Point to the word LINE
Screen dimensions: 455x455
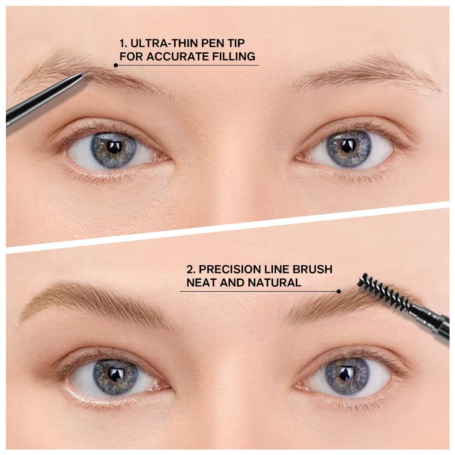(x=281, y=269)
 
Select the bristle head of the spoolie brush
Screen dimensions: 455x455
(x=382, y=292)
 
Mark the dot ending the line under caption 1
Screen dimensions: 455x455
(x=116, y=65)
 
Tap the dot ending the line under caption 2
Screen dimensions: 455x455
(x=339, y=291)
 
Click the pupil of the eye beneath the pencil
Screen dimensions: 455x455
(x=114, y=147)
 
